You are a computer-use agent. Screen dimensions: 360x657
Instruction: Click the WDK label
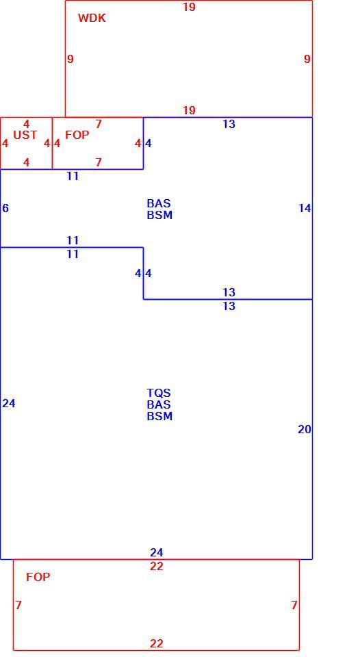pos(92,18)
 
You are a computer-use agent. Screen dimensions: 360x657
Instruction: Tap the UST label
pos(25,135)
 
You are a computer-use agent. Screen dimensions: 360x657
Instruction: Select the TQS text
pos(159,393)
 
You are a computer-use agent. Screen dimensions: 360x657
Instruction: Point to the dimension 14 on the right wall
pos(305,208)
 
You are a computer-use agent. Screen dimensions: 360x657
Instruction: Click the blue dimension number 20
pos(305,430)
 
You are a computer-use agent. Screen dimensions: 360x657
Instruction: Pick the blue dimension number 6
pos(5,208)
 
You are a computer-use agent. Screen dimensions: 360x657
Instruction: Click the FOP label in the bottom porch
pos(38,577)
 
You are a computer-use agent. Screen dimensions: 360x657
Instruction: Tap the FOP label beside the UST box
pos(77,135)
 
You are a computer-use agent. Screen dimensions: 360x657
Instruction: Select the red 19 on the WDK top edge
pos(189,7)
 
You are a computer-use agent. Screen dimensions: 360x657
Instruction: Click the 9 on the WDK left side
pos(70,60)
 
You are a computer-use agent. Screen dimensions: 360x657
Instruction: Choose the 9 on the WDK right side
pos(307,60)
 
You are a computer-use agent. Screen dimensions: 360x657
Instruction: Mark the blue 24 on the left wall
pos(9,404)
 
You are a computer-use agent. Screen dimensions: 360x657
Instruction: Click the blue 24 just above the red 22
pos(156,553)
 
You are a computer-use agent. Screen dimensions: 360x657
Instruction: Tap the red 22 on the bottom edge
pos(156,643)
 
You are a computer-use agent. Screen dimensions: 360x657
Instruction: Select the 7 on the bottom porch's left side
pos(18,606)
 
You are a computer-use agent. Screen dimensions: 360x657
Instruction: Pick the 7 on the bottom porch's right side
pos(294,606)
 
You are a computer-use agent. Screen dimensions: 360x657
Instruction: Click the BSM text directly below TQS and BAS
pos(159,417)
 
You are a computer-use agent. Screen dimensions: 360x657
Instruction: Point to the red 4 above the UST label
pos(27,125)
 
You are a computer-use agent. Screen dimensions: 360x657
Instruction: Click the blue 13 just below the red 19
pos(229,125)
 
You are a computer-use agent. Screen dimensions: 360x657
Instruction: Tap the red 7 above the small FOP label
pos(99,125)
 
